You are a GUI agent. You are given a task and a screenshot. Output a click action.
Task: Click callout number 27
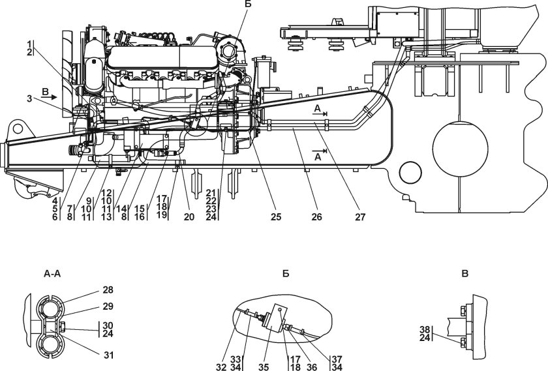[x=360, y=217]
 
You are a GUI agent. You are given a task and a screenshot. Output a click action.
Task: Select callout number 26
[x=316, y=217]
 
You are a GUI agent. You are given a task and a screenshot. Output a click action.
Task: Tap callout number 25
[x=276, y=217]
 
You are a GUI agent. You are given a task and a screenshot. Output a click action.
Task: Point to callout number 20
[x=189, y=217]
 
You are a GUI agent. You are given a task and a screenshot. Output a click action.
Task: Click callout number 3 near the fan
[x=29, y=99]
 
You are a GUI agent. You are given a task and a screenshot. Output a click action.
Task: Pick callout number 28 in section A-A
[x=108, y=290]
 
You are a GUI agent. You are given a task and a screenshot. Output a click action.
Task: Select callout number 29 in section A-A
[x=108, y=306]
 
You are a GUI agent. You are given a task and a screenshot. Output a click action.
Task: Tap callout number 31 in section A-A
[x=109, y=355]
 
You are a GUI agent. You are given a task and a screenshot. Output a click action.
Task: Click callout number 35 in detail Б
[x=264, y=367]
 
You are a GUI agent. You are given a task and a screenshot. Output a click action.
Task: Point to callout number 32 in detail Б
[x=221, y=367]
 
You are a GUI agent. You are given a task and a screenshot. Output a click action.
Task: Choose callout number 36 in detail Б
[x=312, y=367]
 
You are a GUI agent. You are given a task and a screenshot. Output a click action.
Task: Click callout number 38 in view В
[x=425, y=329]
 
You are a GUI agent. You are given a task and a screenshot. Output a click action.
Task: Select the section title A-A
[x=52, y=275]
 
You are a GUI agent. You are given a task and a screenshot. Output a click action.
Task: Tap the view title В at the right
[x=464, y=274]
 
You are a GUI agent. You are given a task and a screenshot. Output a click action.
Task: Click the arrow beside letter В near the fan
[x=52, y=97]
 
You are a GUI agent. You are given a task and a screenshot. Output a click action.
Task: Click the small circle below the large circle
[x=411, y=172]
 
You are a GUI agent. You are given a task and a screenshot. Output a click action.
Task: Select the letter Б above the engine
[x=248, y=4]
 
